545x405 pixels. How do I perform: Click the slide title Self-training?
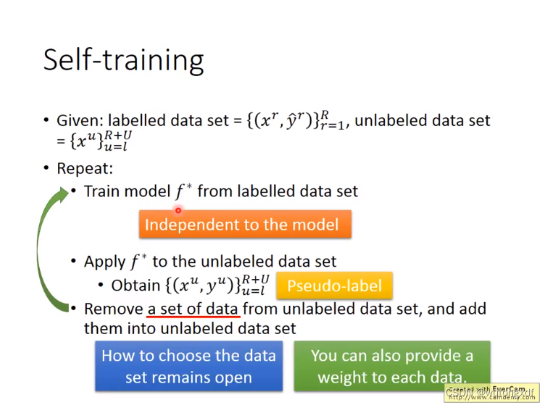123,59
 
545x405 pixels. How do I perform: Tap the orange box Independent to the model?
245,225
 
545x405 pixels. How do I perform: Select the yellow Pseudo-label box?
335,285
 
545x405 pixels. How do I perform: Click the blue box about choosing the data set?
188,367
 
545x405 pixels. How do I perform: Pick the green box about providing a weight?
392,367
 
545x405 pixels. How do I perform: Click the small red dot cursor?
178,210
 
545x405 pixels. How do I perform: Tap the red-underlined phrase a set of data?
193,309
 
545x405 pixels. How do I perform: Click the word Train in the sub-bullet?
102,191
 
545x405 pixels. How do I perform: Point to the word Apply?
104,262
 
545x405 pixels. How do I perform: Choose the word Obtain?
136,285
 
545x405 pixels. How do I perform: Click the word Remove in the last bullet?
114,309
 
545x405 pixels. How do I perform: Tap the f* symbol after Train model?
184,191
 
